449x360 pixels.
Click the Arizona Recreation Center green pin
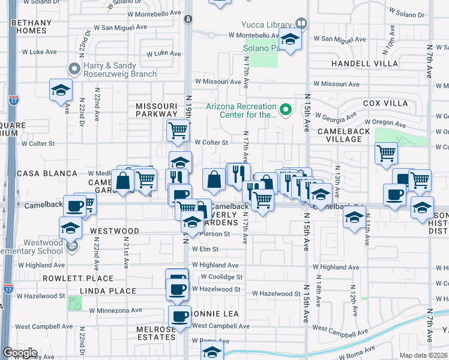pyautogui.click(x=286, y=109)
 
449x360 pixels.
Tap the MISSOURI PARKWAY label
pyautogui.click(x=157, y=109)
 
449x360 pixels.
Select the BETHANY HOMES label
pyautogui.click(x=28, y=26)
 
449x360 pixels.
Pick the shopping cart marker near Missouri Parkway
pyautogui.click(x=178, y=129)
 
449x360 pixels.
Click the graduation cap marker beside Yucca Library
pyautogui.click(x=291, y=40)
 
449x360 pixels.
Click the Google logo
pyautogui.click(x=19, y=353)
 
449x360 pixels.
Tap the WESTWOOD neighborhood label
pyautogui.click(x=115, y=231)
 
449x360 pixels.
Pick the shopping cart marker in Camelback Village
pyautogui.click(x=386, y=152)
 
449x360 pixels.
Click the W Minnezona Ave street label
pyautogui.click(x=116, y=311)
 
